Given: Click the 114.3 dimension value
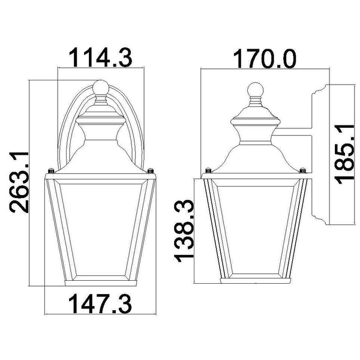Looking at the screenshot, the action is click(x=101, y=58).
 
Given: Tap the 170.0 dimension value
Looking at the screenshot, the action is click(x=265, y=59).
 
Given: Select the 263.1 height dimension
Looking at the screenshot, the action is click(x=19, y=182).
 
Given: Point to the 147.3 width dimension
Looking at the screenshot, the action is click(x=100, y=304).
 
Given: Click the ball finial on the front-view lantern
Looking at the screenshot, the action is click(x=101, y=88).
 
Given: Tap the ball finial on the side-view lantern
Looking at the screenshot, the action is click(x=256, y=89).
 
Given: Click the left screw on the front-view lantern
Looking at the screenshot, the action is click(x=51, y=171).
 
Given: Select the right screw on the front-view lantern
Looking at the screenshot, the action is click(x=151, y=171).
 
